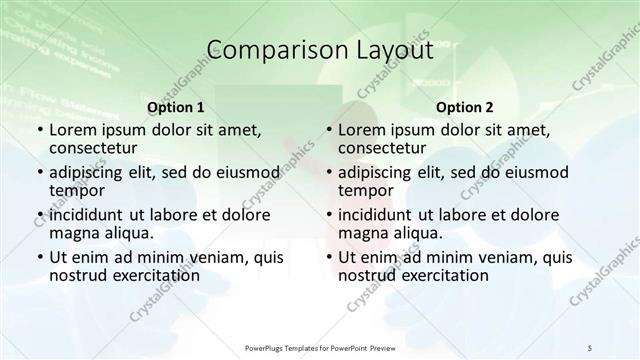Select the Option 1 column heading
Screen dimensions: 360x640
coord(175,106)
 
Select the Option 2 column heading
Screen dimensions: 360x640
coord(465,106)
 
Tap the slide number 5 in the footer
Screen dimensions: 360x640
coord(590,346)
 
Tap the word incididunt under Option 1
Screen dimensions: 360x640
coord(87,214)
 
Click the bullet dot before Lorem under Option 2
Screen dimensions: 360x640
coord(330,130)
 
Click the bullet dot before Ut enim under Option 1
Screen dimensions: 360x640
coord(40,257)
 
